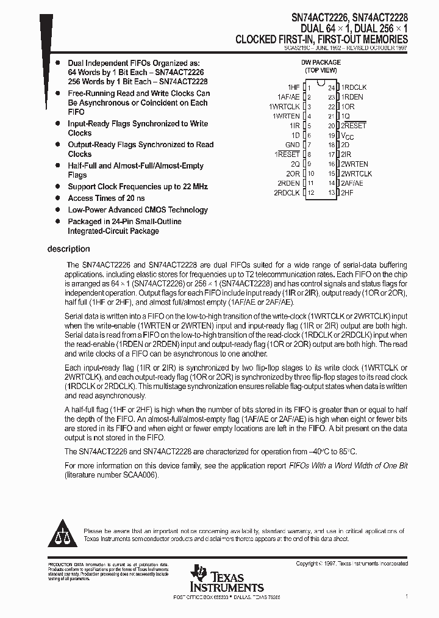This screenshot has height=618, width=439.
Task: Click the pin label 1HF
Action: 293,87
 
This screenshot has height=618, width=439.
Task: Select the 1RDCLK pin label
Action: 354,87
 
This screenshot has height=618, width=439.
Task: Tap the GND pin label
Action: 293,145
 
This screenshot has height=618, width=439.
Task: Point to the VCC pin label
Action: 347,136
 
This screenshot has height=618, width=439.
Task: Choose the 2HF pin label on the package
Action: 347,192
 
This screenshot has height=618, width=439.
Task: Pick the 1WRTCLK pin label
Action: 284,106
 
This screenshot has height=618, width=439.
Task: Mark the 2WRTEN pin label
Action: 354,164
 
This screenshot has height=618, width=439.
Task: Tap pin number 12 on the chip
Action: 310,192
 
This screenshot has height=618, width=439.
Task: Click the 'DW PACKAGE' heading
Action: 321,62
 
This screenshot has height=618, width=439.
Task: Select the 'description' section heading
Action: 68,249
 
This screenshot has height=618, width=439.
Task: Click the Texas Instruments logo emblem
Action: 199,573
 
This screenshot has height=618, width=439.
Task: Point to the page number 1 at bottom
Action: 406,596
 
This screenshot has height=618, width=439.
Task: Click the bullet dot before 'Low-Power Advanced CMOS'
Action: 57,210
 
